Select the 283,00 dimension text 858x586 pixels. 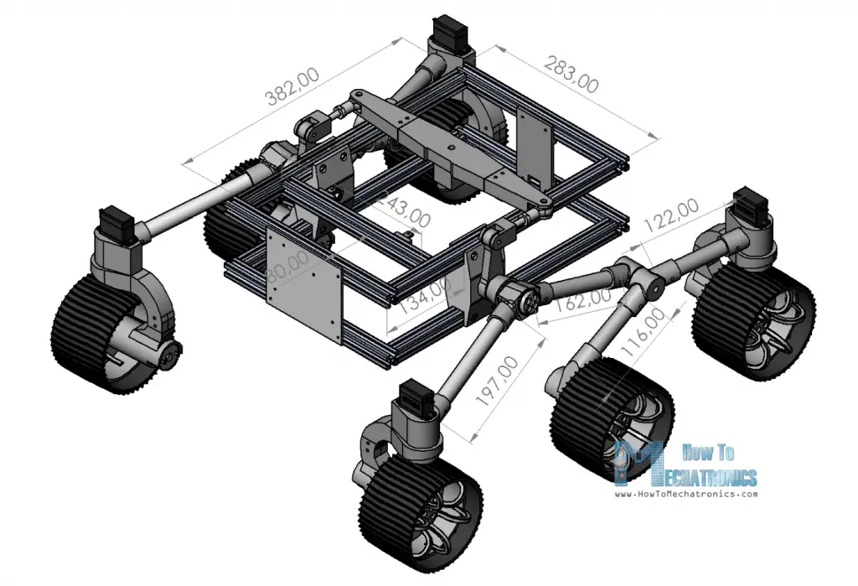tap(571, 74)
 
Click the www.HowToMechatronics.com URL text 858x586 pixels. tap(686, 494)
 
